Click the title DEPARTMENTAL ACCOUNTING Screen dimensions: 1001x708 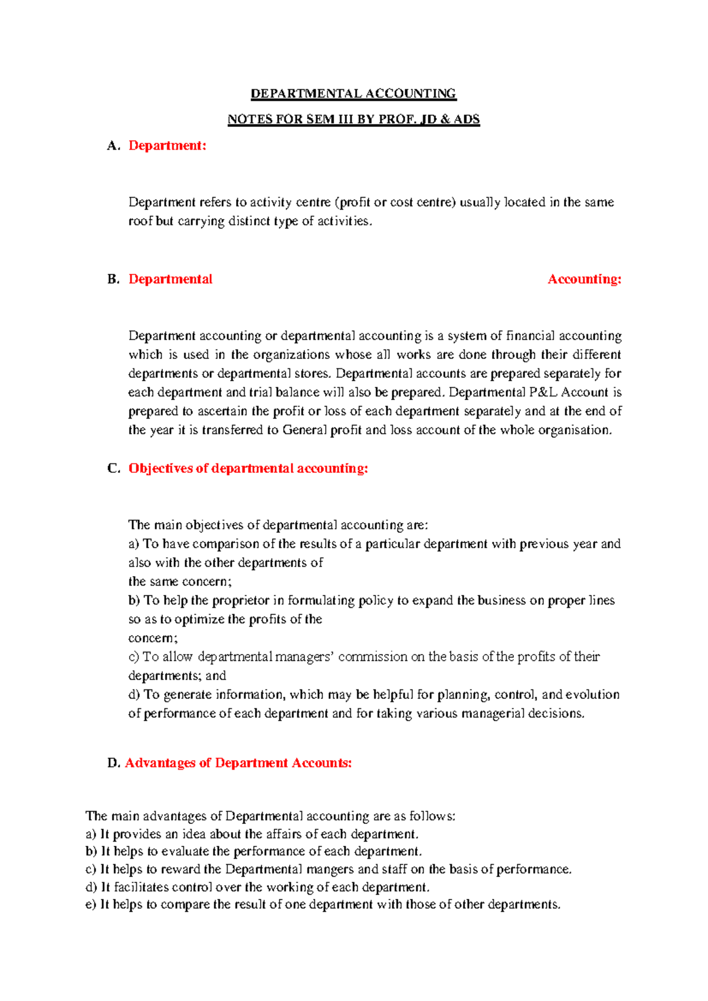click(353, 94)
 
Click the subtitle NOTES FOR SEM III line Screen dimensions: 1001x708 click(353, 119)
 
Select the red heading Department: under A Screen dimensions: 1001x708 click(168, 146)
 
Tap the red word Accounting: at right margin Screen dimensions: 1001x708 click(584, 279)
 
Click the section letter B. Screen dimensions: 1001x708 click(113, 279)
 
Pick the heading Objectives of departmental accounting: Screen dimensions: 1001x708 click(248, 469)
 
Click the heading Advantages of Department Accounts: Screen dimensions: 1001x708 click(238, 763)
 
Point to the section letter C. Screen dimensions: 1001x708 click(113, 469)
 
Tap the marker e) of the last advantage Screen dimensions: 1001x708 click(90, 905)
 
